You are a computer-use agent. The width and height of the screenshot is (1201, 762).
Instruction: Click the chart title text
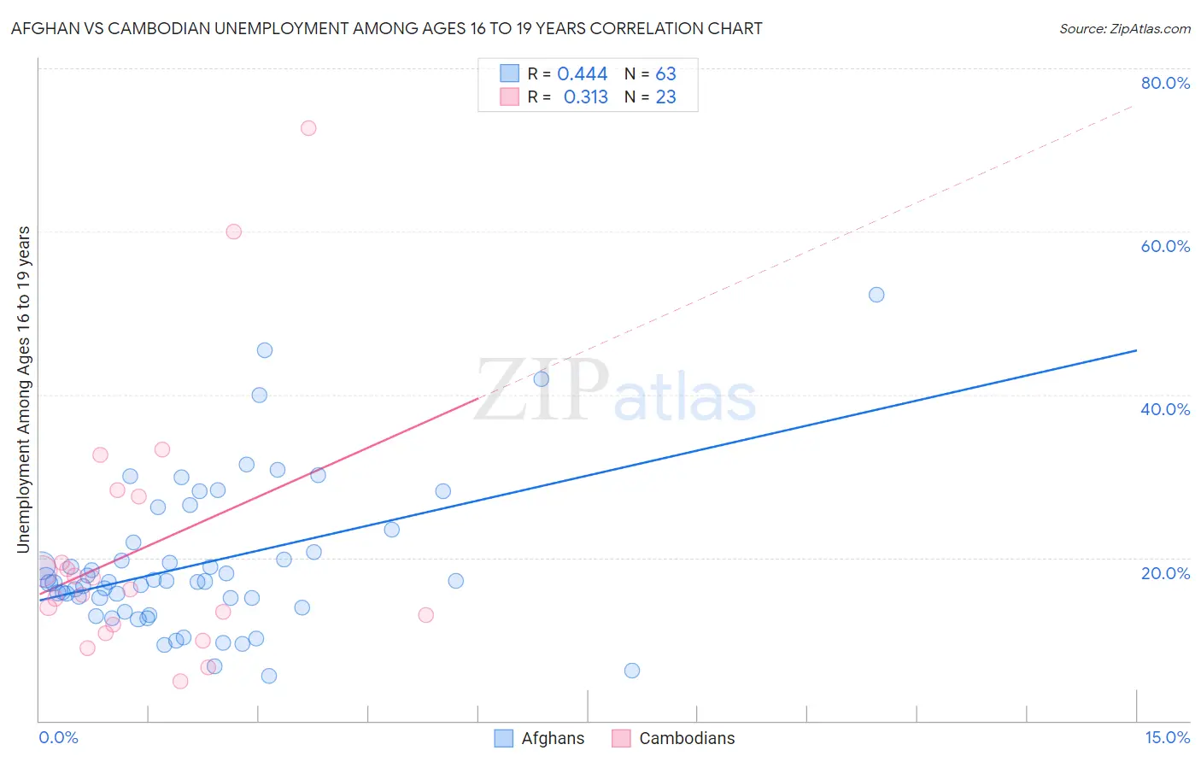[386, 29]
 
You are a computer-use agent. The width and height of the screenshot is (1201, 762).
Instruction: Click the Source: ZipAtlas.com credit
[1124, 29]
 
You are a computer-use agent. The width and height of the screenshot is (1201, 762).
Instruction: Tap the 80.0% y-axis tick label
[1165, 83]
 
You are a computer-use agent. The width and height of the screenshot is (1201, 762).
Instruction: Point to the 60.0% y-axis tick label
[1165, 246]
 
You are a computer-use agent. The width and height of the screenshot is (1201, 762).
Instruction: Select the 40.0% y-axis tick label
[1165, 409]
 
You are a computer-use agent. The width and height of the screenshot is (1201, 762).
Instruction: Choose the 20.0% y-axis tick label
[1165, 573]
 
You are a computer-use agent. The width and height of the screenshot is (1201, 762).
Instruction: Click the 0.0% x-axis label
[58, 737]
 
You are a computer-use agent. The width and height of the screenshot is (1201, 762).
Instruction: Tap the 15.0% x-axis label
[1167, 737]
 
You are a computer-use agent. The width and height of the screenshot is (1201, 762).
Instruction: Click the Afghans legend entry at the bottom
[541, 738]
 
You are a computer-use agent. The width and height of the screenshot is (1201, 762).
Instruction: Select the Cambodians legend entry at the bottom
[675, 738]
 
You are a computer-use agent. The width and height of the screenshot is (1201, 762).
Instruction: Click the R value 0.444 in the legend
[582, 74]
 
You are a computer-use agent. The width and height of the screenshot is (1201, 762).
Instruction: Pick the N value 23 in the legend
[665, 97]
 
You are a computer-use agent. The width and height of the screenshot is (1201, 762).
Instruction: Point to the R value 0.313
[585, 97]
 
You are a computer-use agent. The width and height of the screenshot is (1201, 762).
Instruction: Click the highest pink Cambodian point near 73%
[308, 128]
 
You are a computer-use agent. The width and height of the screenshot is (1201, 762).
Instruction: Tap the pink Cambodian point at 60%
[233, 232]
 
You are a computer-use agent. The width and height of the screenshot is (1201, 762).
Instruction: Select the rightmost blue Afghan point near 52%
[876, 295]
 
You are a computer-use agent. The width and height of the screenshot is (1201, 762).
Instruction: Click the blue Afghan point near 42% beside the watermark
[541, 379]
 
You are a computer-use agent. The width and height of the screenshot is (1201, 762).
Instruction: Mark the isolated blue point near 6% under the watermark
[632, 671]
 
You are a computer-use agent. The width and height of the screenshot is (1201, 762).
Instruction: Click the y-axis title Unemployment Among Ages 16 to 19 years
[24, 390]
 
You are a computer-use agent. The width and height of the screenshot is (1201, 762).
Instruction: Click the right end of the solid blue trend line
[1136, 350]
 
